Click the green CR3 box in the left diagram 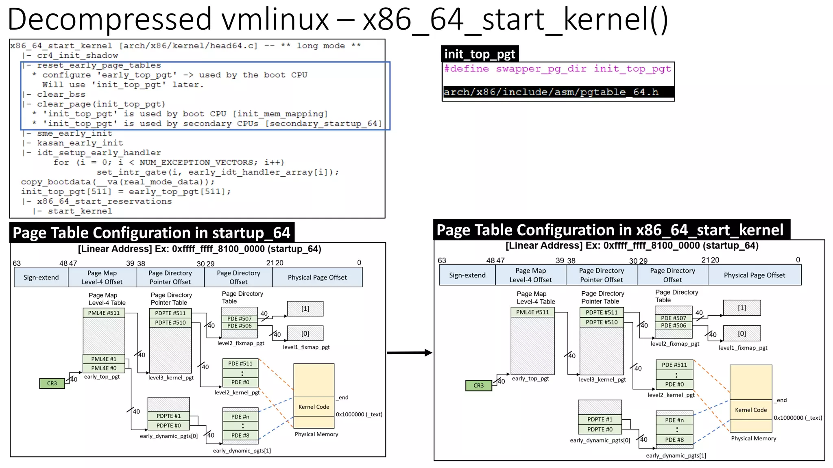(52, 383)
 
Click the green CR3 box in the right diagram (478, 385)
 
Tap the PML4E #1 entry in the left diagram (104, 359)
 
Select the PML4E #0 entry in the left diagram (104, 368)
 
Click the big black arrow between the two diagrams (409, 353)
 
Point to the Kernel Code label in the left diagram (314, 407)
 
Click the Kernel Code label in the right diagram (751, 410)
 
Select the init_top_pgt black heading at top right (480, 54)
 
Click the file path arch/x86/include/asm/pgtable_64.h (551, 92)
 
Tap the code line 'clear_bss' (61, 94)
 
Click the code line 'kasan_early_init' (80, 143)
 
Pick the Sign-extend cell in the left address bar (41, 277)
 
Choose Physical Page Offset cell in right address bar (754, 275)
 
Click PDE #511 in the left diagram (240, 364)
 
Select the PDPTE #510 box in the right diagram (602, 322)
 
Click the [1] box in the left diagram (305, 309)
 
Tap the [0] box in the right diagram (742, 334)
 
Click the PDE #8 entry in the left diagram (240, 435)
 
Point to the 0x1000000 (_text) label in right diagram (798, 418)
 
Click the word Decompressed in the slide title (110, 19)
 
